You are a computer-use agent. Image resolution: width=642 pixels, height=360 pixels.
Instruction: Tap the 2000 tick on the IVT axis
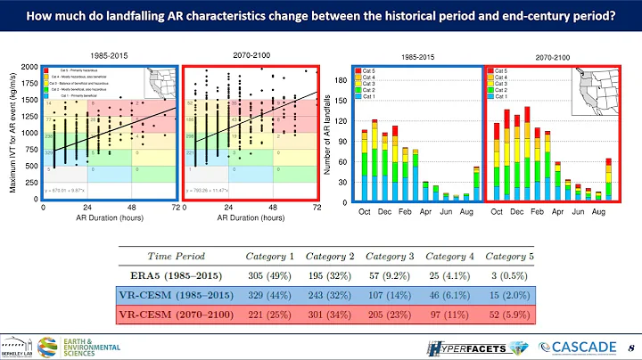pyautogui.click(x=29, y=66)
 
